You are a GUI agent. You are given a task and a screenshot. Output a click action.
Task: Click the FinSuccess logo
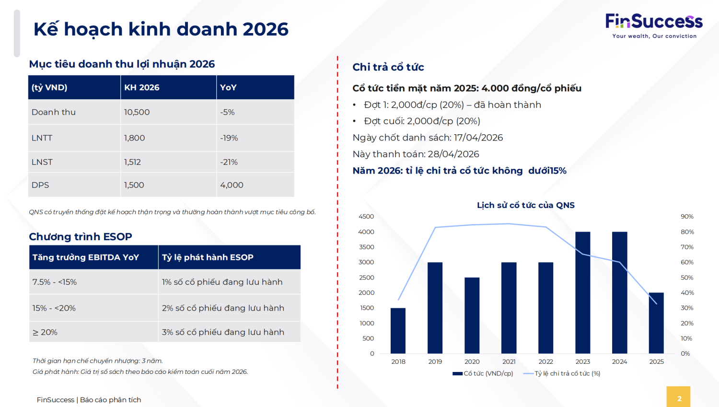click(x=654, y=25)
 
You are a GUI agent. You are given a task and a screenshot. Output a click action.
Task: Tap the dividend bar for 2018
click(x=398, y=331)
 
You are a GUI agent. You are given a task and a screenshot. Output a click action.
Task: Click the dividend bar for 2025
click(x=656, y=323)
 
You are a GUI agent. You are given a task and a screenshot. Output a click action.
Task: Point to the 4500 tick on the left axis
click(x=366, y=217)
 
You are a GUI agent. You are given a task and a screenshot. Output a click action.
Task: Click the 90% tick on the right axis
click(x=687, y=217)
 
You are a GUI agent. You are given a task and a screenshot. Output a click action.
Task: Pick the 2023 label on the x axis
click(x=582, y=361)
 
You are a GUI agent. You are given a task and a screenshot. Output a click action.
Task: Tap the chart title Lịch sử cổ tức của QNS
click(x=525, y=205)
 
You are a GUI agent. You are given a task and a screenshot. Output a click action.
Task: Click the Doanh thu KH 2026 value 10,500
click(x=137, y=112)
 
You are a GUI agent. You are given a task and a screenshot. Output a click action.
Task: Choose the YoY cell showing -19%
click(x=229, y=138)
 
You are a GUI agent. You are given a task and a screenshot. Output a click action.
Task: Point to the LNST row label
click(x=42, y=162)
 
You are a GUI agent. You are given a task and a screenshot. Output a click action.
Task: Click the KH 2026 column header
click(x=142, y=87)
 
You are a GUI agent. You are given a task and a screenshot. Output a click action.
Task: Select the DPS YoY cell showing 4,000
click(x=232, y=185)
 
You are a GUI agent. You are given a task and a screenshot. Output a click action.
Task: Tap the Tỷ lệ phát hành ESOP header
click(x=208, y=257)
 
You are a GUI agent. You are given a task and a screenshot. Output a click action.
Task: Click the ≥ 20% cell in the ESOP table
click(x=45, y=332)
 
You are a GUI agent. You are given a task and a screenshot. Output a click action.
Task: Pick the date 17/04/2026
click(x=478, y=138)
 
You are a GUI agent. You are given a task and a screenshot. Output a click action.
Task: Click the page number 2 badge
click(x=679, y=398)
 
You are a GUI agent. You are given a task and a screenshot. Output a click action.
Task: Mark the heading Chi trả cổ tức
click(x=388, y=67)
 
